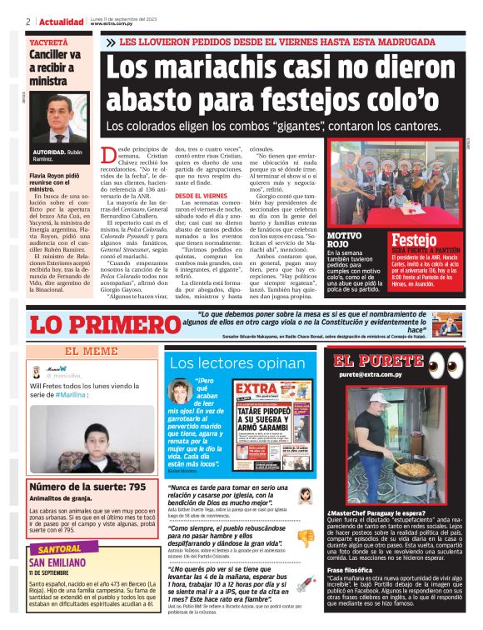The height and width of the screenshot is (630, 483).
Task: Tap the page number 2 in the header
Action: coord(28,21)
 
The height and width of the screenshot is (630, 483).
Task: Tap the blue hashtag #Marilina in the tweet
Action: coord(79,395)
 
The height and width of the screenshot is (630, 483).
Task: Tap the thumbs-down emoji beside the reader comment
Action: coord(306,537)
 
